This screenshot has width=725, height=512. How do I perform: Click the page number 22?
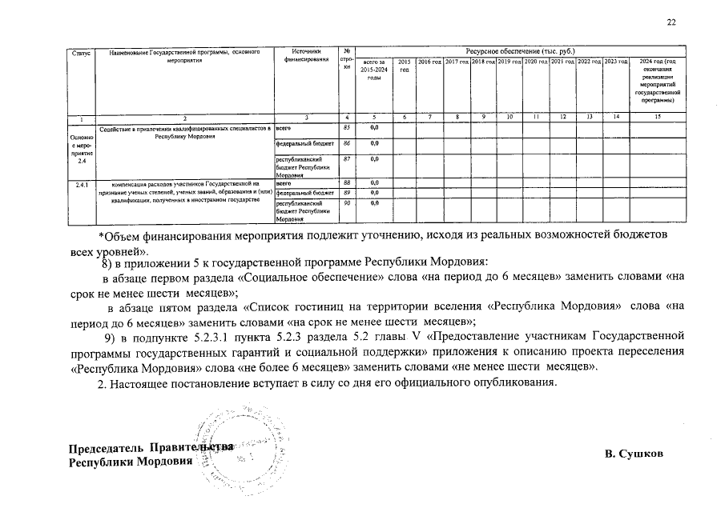tap(671, 23)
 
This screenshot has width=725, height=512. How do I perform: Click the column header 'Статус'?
tap(80, 53)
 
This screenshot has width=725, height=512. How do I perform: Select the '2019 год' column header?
tap(509, 62)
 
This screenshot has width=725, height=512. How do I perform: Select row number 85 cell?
tap(346, 128)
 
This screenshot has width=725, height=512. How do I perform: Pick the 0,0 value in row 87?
tap(374, 159)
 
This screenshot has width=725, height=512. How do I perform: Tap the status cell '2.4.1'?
tap(81, 184)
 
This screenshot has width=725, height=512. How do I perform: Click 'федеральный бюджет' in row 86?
tap(305, 144)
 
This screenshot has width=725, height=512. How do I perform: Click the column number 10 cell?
tap(510, 118)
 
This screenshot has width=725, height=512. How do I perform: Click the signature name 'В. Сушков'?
tap(634, 454)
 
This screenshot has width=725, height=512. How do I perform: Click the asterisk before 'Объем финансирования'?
tap(100, 236)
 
